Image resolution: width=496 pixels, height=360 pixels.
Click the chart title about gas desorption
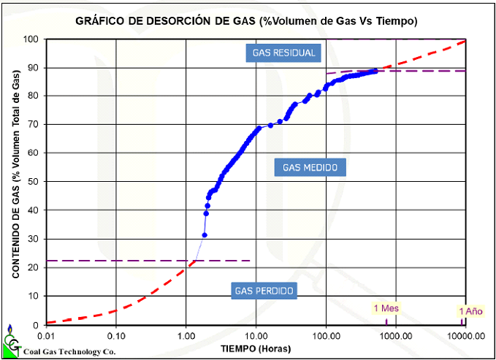pos(246,20)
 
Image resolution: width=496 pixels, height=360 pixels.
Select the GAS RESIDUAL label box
pos(283,53)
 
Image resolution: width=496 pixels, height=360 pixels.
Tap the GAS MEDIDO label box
pos(310,167)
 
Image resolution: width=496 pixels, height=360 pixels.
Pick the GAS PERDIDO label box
pos(264,291)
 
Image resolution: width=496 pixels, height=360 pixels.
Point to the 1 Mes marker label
pos(386,308)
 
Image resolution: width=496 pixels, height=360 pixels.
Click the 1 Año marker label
pos(470,311)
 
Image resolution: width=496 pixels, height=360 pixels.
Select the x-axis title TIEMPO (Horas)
pos(256,348)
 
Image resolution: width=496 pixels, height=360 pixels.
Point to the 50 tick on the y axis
pos(32,182)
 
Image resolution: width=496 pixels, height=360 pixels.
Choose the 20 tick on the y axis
pos(32,267)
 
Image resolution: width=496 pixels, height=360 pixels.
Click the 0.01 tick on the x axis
pos(45,336)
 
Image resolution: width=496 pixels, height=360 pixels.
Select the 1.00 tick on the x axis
pos(186,336)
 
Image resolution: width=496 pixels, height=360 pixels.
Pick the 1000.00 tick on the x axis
pos(395,336)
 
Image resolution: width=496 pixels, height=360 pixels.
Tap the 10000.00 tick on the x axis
pos(464,336)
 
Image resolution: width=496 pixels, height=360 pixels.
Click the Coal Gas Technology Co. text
pos(69,351)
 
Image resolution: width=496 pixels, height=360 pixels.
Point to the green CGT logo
pos(11,343)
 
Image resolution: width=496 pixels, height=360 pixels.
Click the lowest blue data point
pos(205,234)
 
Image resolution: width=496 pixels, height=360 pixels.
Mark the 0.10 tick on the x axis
pos(116,336)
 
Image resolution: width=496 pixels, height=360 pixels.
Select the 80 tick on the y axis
pos(32,96)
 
